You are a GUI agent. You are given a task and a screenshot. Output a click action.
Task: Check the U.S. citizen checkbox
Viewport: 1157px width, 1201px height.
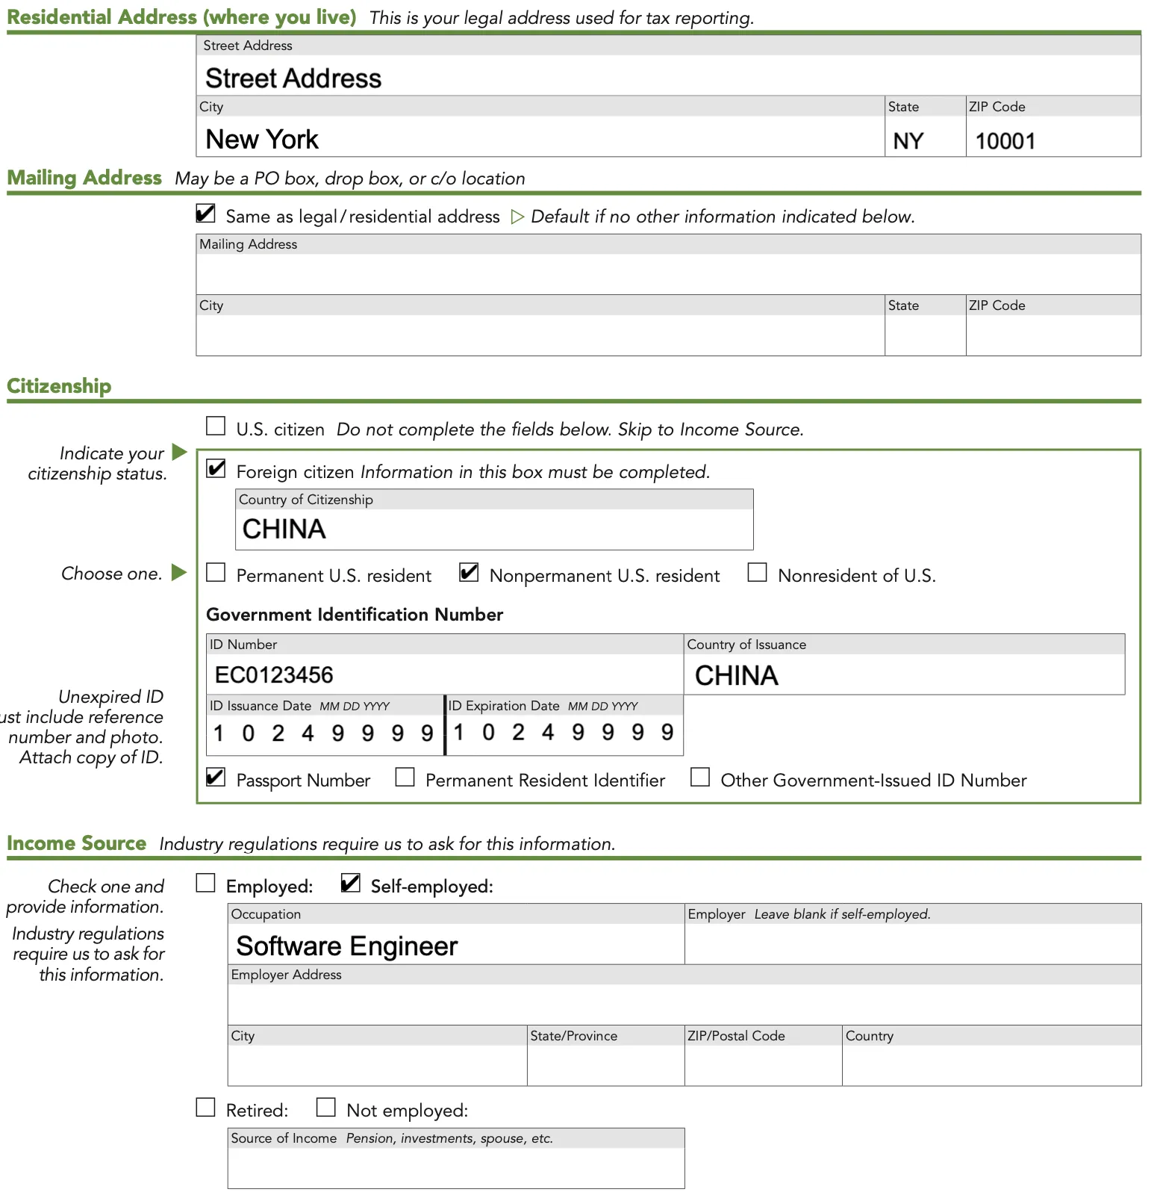point(216,426)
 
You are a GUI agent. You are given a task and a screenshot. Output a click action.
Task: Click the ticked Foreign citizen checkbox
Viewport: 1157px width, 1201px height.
point(216,469)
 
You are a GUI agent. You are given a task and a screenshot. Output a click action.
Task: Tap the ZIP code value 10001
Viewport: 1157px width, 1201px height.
point(1005,141)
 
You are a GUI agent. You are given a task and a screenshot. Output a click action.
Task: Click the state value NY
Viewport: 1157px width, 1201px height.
point(908,141)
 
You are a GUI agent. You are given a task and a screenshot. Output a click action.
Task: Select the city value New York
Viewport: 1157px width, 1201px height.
point(262,140)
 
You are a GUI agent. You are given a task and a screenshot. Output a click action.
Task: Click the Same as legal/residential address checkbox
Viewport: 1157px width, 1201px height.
point(205,214)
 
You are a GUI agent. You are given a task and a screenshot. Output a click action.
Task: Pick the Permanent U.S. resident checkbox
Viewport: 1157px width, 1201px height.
point(216,573)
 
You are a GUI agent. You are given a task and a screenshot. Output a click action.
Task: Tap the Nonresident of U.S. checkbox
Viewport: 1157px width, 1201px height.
point(757,573)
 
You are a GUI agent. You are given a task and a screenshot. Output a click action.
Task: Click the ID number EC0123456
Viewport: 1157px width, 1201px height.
point(274,675)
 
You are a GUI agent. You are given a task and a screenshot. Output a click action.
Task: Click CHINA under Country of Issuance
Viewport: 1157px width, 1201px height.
point(736,676)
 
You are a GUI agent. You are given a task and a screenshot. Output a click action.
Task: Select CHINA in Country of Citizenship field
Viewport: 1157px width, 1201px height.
point(284,530)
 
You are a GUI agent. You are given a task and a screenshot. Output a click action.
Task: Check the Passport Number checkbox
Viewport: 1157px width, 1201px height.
point(216,778)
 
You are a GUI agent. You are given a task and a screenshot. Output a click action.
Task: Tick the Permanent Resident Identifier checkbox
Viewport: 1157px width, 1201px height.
point(405,778)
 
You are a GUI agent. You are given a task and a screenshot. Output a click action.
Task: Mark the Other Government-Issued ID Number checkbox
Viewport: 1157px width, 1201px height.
point(699,778)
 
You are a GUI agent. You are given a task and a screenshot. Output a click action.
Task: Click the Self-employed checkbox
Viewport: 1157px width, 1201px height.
point(350,884)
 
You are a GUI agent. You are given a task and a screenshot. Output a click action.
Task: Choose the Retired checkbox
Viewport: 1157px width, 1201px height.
point(205,1108)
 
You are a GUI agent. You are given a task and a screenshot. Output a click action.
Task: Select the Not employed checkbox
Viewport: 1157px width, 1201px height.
point(325,1108)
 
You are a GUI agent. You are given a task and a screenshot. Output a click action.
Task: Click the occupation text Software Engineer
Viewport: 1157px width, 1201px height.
point(346,946)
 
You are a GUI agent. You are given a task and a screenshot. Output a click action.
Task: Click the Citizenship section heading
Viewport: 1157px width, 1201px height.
point(59,386)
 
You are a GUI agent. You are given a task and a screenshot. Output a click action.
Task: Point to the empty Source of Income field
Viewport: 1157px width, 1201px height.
point(455,1167)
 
